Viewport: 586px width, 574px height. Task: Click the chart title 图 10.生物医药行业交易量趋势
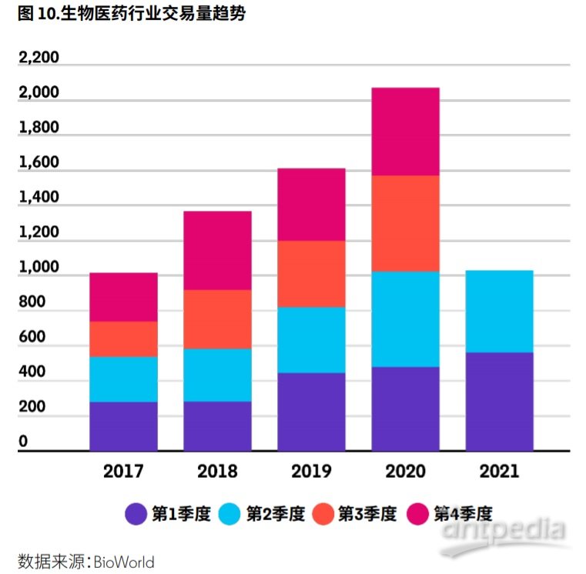(x=131, y=13)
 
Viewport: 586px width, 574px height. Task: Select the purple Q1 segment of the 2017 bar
(x=123, y=425)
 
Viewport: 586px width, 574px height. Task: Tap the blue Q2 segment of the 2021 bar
(x=499, y=311)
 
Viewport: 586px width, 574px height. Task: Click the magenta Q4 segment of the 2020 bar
(x=405, y=132)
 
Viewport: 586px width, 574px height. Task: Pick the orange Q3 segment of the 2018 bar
(x=217, y=319)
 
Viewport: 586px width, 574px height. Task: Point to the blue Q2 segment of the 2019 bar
(x=311, y=340)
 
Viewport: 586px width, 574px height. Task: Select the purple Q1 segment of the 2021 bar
(x=499, y=401)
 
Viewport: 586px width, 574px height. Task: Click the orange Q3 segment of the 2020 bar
(x=405, y=223)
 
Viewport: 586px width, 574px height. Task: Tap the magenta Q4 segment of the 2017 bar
(x=123, y=297)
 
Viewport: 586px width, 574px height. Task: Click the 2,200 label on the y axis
(x=39, y=58)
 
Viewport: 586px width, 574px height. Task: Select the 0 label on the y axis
(x=23, y=442)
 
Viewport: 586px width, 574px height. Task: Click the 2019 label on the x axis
(x=311, y=471)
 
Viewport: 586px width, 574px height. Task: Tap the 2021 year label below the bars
(x=499, y=471)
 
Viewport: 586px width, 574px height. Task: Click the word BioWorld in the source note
(x=124, y=562)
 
